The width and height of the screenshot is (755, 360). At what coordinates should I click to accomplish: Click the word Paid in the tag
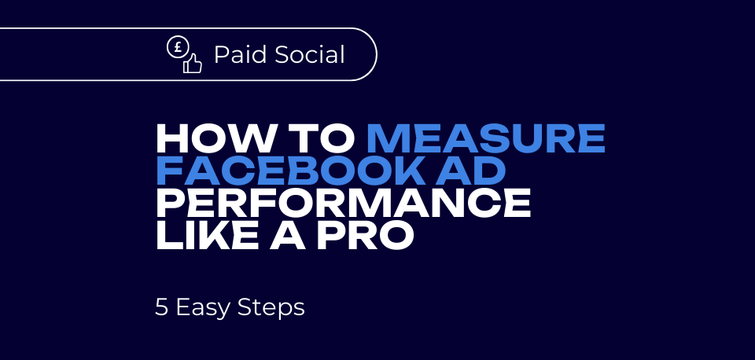click(238, 55)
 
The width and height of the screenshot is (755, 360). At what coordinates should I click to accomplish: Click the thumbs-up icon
click(192, 64)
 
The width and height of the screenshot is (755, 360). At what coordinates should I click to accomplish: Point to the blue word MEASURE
click(486, 139)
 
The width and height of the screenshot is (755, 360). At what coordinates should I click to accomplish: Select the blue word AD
click(477, 171)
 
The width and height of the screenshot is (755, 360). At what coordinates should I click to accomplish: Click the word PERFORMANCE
click(343, 204)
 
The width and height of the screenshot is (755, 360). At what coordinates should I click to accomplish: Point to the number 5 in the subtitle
click(162, 307)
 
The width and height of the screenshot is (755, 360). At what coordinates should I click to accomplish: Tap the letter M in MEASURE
click(389, 139)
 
